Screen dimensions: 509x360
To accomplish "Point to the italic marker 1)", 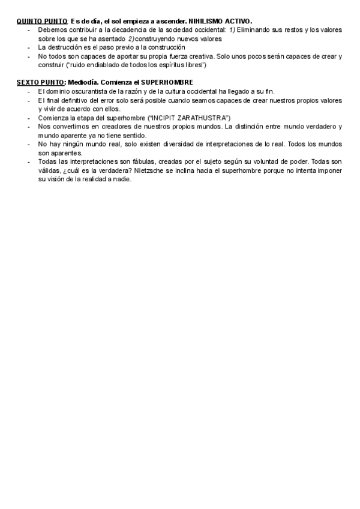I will click(x=232, y=29).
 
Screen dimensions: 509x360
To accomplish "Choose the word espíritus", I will click(x=173, y=64).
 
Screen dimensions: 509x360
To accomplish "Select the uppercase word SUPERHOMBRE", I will click(x=167, y=82).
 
